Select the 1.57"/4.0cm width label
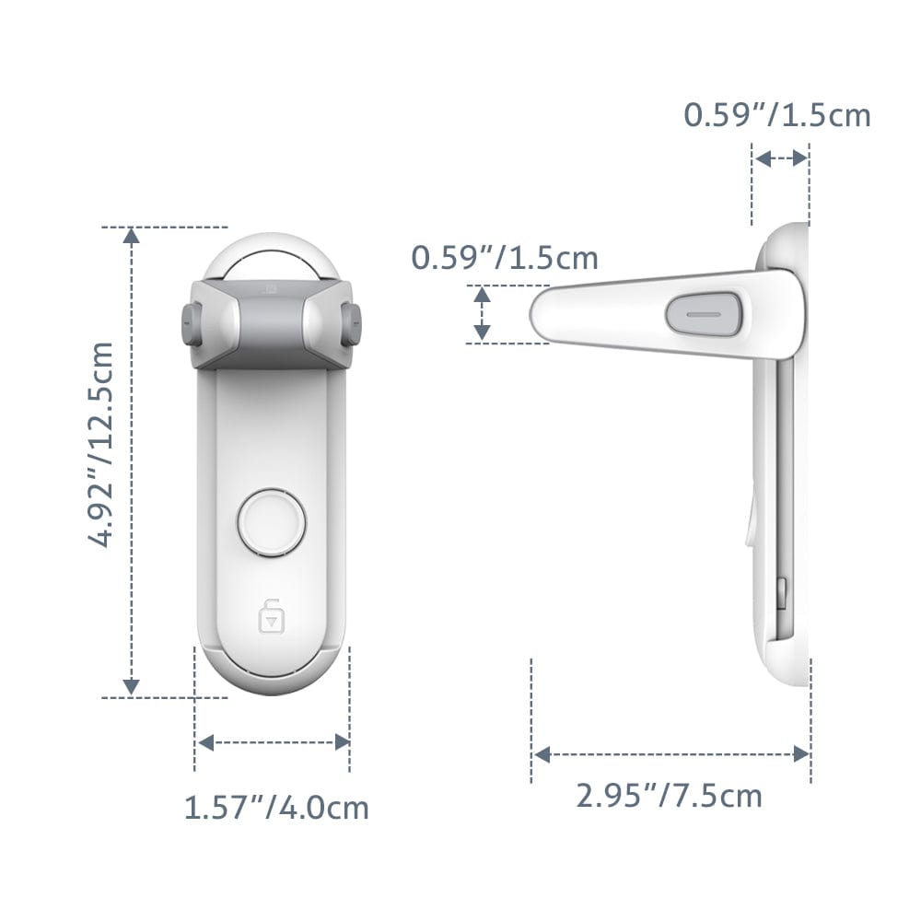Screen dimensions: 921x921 point(276,808)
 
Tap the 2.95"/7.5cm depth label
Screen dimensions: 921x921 point(670,794)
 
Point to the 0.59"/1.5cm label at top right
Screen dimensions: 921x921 point(776,115)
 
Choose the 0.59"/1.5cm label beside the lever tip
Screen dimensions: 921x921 point(504,258)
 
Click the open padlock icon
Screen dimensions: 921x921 point(270,615)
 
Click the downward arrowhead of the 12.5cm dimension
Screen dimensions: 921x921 point(132,685)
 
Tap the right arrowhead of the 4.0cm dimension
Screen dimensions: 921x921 point(342,742)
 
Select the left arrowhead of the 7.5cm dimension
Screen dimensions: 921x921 point(542,755)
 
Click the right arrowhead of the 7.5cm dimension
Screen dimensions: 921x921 point(801,755)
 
